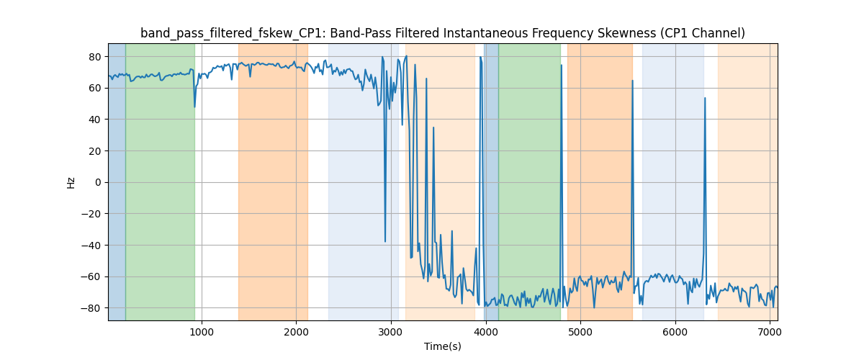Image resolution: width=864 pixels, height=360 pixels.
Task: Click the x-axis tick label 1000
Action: pyautogui.click(x=202, y=331)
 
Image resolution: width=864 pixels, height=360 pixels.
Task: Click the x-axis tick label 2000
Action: pyautogui.click(x=296, y=331)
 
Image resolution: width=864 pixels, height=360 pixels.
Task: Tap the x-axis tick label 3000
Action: pyautogui.click(x=391, y=331)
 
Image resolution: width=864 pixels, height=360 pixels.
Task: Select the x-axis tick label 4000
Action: pyautogui.click(x=485, y=331)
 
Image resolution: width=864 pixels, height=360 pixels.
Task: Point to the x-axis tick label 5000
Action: pyautogui.click(x=580, y=331)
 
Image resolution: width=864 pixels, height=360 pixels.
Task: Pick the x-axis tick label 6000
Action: pyautogui.click(x=675, y=331)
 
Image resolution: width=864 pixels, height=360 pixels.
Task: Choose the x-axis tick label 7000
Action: pyautogui.click(x=770, y=331)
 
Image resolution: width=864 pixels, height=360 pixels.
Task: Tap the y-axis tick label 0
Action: pyautogui.click(x=99, y=182)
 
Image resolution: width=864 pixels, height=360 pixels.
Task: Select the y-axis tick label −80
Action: pyautogui.click(x=93, y=308)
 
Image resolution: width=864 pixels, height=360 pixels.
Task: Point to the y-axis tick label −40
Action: pyautogui.click(x=93, y=246)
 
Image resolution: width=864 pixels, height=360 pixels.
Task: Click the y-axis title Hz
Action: pyautogui.click(x=71, y=182)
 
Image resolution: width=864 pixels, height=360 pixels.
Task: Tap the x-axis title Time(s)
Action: pyautogui.click(x=443, y=346)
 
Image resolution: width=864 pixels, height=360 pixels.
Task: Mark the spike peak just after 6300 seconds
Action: pyautogui.click(x=705, y=98)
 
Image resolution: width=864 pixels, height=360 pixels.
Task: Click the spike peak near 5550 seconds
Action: pyautogui.click(x=633, y=81)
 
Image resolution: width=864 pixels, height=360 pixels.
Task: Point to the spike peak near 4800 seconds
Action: pyautogui.click(x=562, y=65)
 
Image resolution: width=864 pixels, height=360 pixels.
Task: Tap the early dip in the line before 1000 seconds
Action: pyautogui.click(x=194, y=107)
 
